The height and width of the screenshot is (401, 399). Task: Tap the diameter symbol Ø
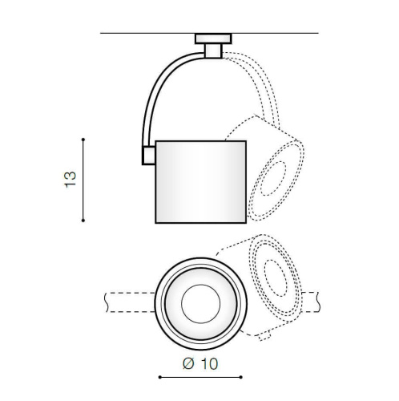tap(188, 363)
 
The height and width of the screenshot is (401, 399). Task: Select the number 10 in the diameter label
tap(208, 363)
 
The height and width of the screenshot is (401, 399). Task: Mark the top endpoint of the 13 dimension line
tap(84, 139)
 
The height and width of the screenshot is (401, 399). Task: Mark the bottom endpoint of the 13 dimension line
tap(84, 221)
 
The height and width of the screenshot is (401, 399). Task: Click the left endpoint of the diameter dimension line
tap(159, 376)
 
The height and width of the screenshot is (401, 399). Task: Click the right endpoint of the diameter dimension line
tap(241, 376)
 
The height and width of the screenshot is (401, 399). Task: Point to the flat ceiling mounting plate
tap(212, 37)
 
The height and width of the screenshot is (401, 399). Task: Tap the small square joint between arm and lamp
tap(148, 155)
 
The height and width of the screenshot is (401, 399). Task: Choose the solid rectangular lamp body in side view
tap(200, 180)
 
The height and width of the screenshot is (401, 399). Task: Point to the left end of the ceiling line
tap(102, 33)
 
